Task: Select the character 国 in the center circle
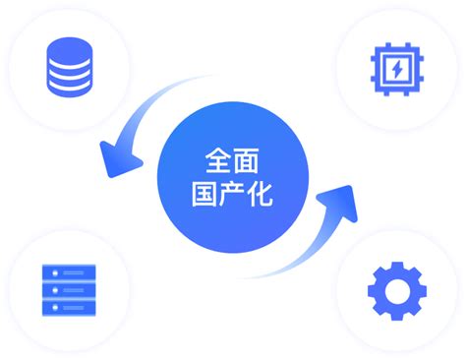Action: click(204, 192)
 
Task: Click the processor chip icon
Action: click(393, 68)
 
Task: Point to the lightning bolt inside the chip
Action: click(393, 68)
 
